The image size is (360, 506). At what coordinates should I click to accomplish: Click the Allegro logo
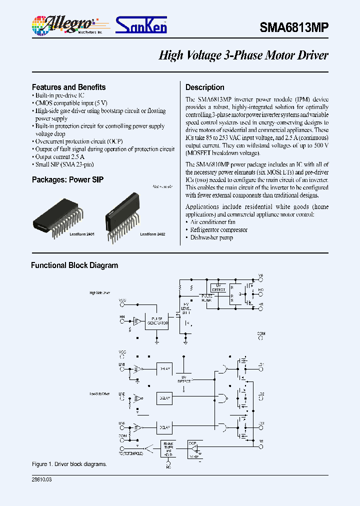pyautogui.click(x=64, y=24)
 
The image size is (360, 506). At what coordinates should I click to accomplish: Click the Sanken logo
pyautogui.click(x=141, y=25)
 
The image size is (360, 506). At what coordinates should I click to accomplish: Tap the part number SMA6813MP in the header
pyautogui.click(x=293, y=28)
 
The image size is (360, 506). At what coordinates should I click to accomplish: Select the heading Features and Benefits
pyautogui.click(x=68, y=87)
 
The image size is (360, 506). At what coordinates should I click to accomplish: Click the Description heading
pyautogui.click(x=204, y=87)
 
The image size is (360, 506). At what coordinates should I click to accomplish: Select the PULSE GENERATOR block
pyautogui.click(x=156, y=321)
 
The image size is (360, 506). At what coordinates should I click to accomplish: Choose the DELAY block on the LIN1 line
pyautogui.click(x=165, y=369)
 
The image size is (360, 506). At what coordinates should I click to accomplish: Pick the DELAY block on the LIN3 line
pyautogui.click(x=165, y=427)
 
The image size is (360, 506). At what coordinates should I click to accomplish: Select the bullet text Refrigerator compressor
pyautogui.click(x=212, y=229)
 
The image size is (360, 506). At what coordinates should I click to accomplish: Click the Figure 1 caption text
pyautogui.click(x=69, y=464)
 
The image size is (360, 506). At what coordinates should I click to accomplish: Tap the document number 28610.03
pyautogui.click(x=41, y=479)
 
